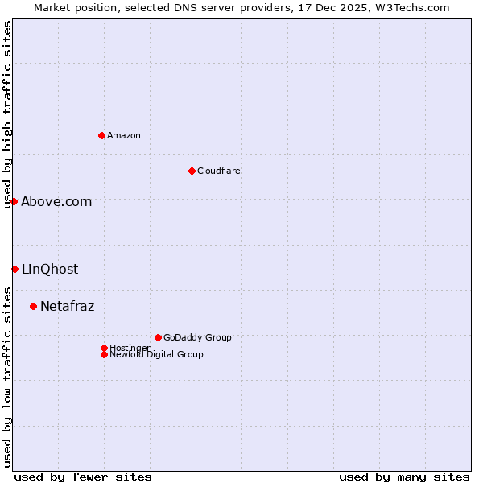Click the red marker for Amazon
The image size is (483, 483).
coord(101,135)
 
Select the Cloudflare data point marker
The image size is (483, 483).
coord(192,171)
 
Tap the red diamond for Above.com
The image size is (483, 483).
coord(14,201)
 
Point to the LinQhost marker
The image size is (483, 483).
coord(14,269)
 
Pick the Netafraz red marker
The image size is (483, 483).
coord(33,306)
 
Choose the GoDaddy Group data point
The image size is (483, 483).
coord(158,337)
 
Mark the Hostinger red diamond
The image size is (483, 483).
coord(104,348)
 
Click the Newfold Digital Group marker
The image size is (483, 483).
coord(104,354)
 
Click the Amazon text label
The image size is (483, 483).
coord(124,135)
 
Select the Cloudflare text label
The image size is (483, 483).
coord(219,171)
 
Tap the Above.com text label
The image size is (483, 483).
coord(56,202)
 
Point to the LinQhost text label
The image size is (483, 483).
coord(50,270)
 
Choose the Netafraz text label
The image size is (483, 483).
coord(68,307)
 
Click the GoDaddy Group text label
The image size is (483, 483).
coord(197,337)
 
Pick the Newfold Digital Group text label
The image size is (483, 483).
coord(157,355)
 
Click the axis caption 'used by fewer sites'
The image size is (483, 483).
coord(83,477)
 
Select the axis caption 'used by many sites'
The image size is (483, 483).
coord(404,477)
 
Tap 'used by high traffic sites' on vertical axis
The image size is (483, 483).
coord(8,114)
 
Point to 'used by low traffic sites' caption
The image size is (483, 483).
coord(8,377)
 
